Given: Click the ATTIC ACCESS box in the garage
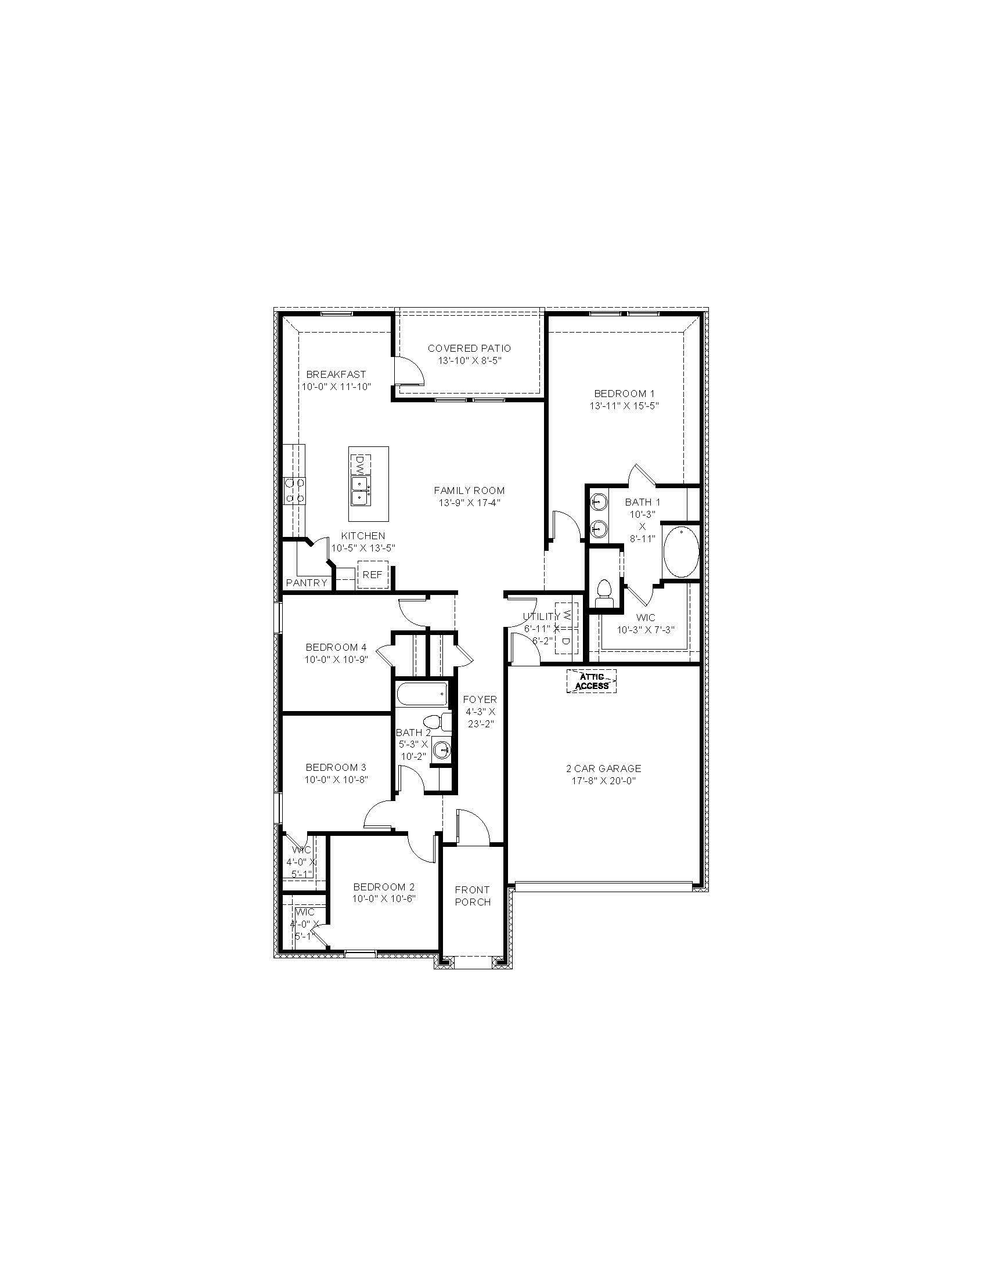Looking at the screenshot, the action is [592, 681].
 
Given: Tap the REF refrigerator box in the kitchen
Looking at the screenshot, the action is [373, 575].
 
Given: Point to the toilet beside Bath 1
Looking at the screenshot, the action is [603, 592].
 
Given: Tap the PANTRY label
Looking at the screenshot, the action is [307, 583].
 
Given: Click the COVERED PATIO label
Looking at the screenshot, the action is [470, 348].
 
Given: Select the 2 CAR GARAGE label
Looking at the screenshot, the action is [603, 769].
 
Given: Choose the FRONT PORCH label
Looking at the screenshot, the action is [473, 896].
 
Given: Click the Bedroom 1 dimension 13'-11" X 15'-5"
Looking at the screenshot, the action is [625, 406].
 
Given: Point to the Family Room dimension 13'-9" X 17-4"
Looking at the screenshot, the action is [470, 503].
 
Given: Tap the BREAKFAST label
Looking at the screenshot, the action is [336, 374].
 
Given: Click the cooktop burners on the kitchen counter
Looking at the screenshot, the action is [294, 490].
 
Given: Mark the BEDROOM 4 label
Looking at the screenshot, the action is [336, 647].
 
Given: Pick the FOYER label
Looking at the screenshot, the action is [480, 700].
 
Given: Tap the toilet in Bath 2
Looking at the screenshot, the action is [437, 723].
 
